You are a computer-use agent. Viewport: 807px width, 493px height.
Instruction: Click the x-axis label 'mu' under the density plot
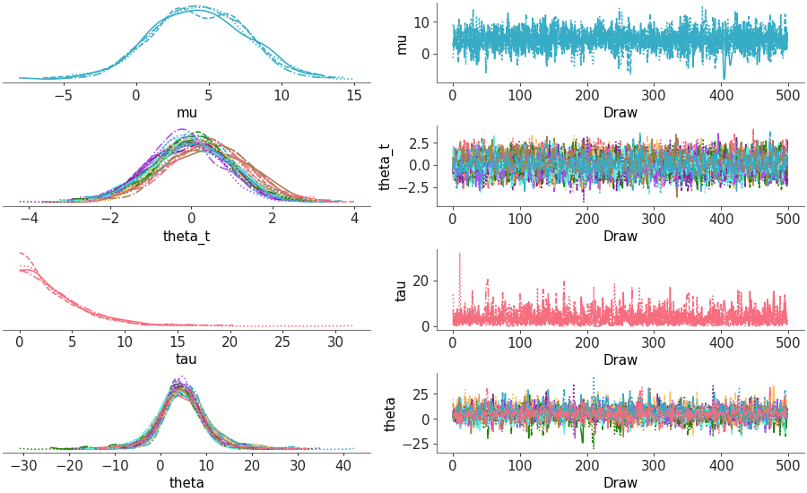pos(187,113)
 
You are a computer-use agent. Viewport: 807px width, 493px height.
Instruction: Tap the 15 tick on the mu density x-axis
pos(353,93)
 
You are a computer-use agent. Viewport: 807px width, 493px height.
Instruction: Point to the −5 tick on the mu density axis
pos(64,93)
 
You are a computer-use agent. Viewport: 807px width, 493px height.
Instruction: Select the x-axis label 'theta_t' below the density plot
pos(187,237)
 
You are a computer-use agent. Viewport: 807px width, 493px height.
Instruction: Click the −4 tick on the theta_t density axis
pos(29,217)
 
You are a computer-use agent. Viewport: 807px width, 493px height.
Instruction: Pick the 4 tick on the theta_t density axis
pos(353,217)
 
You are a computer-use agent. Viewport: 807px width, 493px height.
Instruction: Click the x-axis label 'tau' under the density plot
pos(187,359)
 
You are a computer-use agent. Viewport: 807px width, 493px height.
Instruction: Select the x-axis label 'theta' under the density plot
pos(187,483)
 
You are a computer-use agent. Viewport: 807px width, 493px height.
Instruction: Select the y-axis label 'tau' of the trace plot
pos(401,289)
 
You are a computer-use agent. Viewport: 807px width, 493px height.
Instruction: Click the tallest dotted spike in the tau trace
pos(460,254)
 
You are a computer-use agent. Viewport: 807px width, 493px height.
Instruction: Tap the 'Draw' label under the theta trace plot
pos(620,483)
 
